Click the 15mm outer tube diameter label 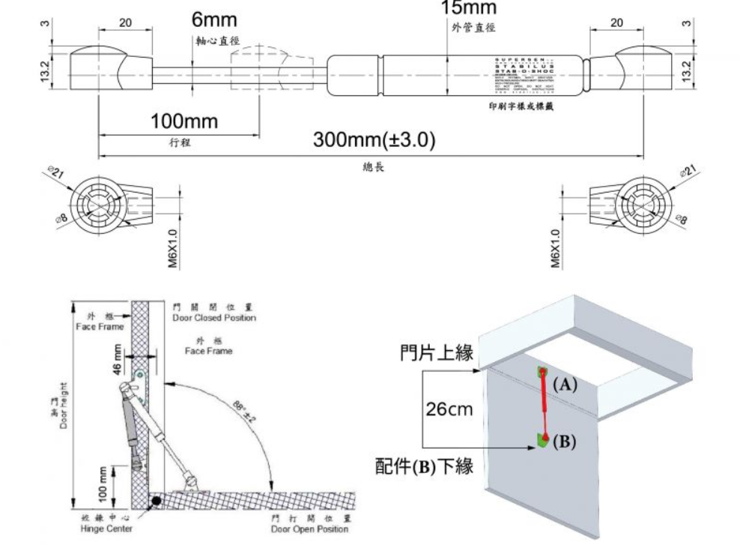pos(468,8)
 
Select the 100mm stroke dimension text pos(183,121)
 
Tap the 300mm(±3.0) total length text pos(374,140)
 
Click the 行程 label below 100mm pos(179,142)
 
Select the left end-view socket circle pos(98,199)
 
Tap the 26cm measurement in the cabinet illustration pos(449,410)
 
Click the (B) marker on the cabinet pos(565,442)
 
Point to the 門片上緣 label pos(437,353)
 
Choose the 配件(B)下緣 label pos(424,466)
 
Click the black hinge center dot pos(155,500)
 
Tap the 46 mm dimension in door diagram pos(117,359)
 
